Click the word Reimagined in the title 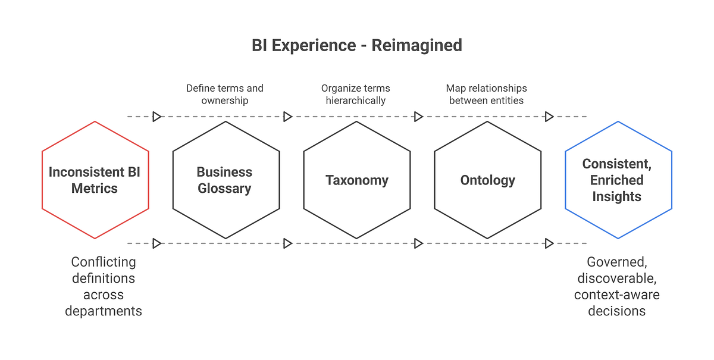click(x=416, y=46)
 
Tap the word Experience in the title click(x=321, y=46)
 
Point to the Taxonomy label click(x=356, y=180)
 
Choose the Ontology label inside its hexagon click(x=487, y=180)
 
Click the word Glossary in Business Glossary click(x=224, y=189)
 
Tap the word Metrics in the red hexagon click(x=95, y=189)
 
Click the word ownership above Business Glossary click(x=224, y=101)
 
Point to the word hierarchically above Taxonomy click(x=356, y=101)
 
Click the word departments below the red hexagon click(x=104, y=311)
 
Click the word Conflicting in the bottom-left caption click(x=104, y=262)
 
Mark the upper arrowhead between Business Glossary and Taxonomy click(x=287, y=117)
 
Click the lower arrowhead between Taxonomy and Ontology click(x=418, y=243)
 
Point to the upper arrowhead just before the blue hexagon click(x=549, y=117)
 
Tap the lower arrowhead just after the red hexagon click(x=156, y=243)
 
